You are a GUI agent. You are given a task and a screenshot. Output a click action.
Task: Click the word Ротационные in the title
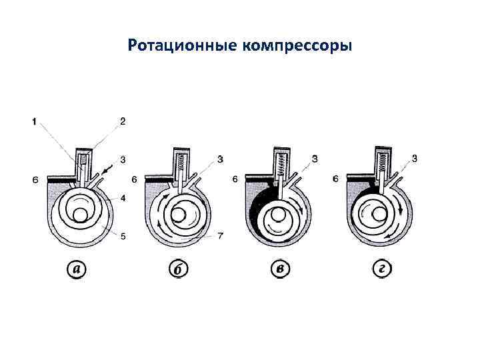coord(183,46)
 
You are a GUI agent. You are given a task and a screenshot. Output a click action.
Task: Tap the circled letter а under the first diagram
coord(77,269)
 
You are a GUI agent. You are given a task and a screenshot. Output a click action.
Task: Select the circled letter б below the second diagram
coord(178,269)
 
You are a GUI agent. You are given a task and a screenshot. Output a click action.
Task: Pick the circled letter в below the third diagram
coord(280,269)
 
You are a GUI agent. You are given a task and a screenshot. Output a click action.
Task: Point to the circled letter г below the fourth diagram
coord(383,269)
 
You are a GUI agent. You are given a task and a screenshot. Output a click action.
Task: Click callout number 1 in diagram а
coord(34,122)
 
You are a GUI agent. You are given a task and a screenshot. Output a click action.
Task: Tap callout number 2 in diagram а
coord(123,121)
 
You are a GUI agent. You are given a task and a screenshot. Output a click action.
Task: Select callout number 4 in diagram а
coord(123,199)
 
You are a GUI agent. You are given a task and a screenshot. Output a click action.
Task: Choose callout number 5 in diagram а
coord(123,236)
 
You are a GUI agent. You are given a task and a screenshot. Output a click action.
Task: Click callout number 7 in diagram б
coord(221,236)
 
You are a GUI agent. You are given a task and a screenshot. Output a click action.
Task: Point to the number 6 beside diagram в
coord(235,179)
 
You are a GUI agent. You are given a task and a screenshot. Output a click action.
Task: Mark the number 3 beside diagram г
coord(414,159)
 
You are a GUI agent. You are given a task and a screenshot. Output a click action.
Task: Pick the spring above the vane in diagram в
coord(281,163)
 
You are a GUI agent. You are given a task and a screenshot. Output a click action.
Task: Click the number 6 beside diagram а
coord(36,180)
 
